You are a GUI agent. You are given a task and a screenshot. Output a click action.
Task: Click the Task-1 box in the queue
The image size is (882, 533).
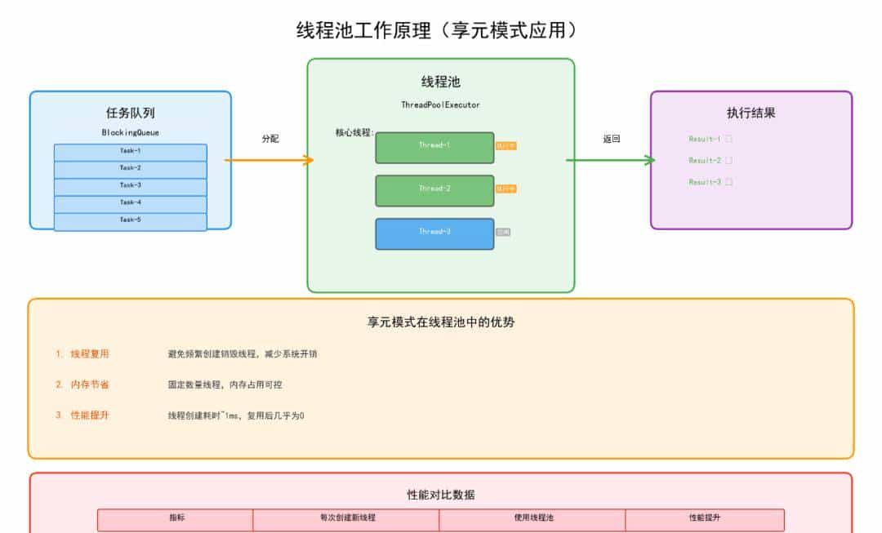(x=131, y=152)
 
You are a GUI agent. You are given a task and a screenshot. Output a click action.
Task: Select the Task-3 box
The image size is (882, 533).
(x=131, y=186)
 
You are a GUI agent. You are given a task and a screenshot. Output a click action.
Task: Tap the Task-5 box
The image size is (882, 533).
(x=131, y=220)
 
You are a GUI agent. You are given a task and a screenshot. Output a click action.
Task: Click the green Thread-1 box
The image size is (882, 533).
(x=434, y=147)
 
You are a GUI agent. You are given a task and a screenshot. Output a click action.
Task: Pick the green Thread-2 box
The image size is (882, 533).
(x=434, y=190)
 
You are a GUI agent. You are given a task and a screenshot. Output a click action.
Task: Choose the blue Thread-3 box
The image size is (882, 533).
(x=434, y=233)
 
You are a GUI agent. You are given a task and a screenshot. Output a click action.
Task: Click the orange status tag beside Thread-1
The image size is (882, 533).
(x=506, y=145)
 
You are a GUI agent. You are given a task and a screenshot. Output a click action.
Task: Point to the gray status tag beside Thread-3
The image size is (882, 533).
(x=503, y=233)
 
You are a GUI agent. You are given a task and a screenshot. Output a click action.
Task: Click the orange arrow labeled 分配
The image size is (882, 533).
(x=269, y=160)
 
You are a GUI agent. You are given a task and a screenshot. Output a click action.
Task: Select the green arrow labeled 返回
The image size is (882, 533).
(x=611, y=160)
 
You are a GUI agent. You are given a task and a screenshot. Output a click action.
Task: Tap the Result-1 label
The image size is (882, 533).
(x=705, y=140)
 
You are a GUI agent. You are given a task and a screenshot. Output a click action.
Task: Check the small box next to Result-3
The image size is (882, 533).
(x=729, y=183)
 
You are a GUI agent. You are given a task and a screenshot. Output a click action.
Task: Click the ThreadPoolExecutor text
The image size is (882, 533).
(x=440, y=105)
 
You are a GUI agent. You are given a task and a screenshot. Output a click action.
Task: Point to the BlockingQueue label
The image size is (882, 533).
(x=131, y=132)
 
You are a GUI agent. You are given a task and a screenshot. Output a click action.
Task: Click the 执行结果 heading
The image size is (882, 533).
(x=751, y=113)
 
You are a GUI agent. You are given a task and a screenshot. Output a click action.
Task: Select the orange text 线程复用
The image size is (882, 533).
(x=90, y=354)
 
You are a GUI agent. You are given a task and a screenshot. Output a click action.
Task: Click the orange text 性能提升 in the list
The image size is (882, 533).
(x=90, y=415)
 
